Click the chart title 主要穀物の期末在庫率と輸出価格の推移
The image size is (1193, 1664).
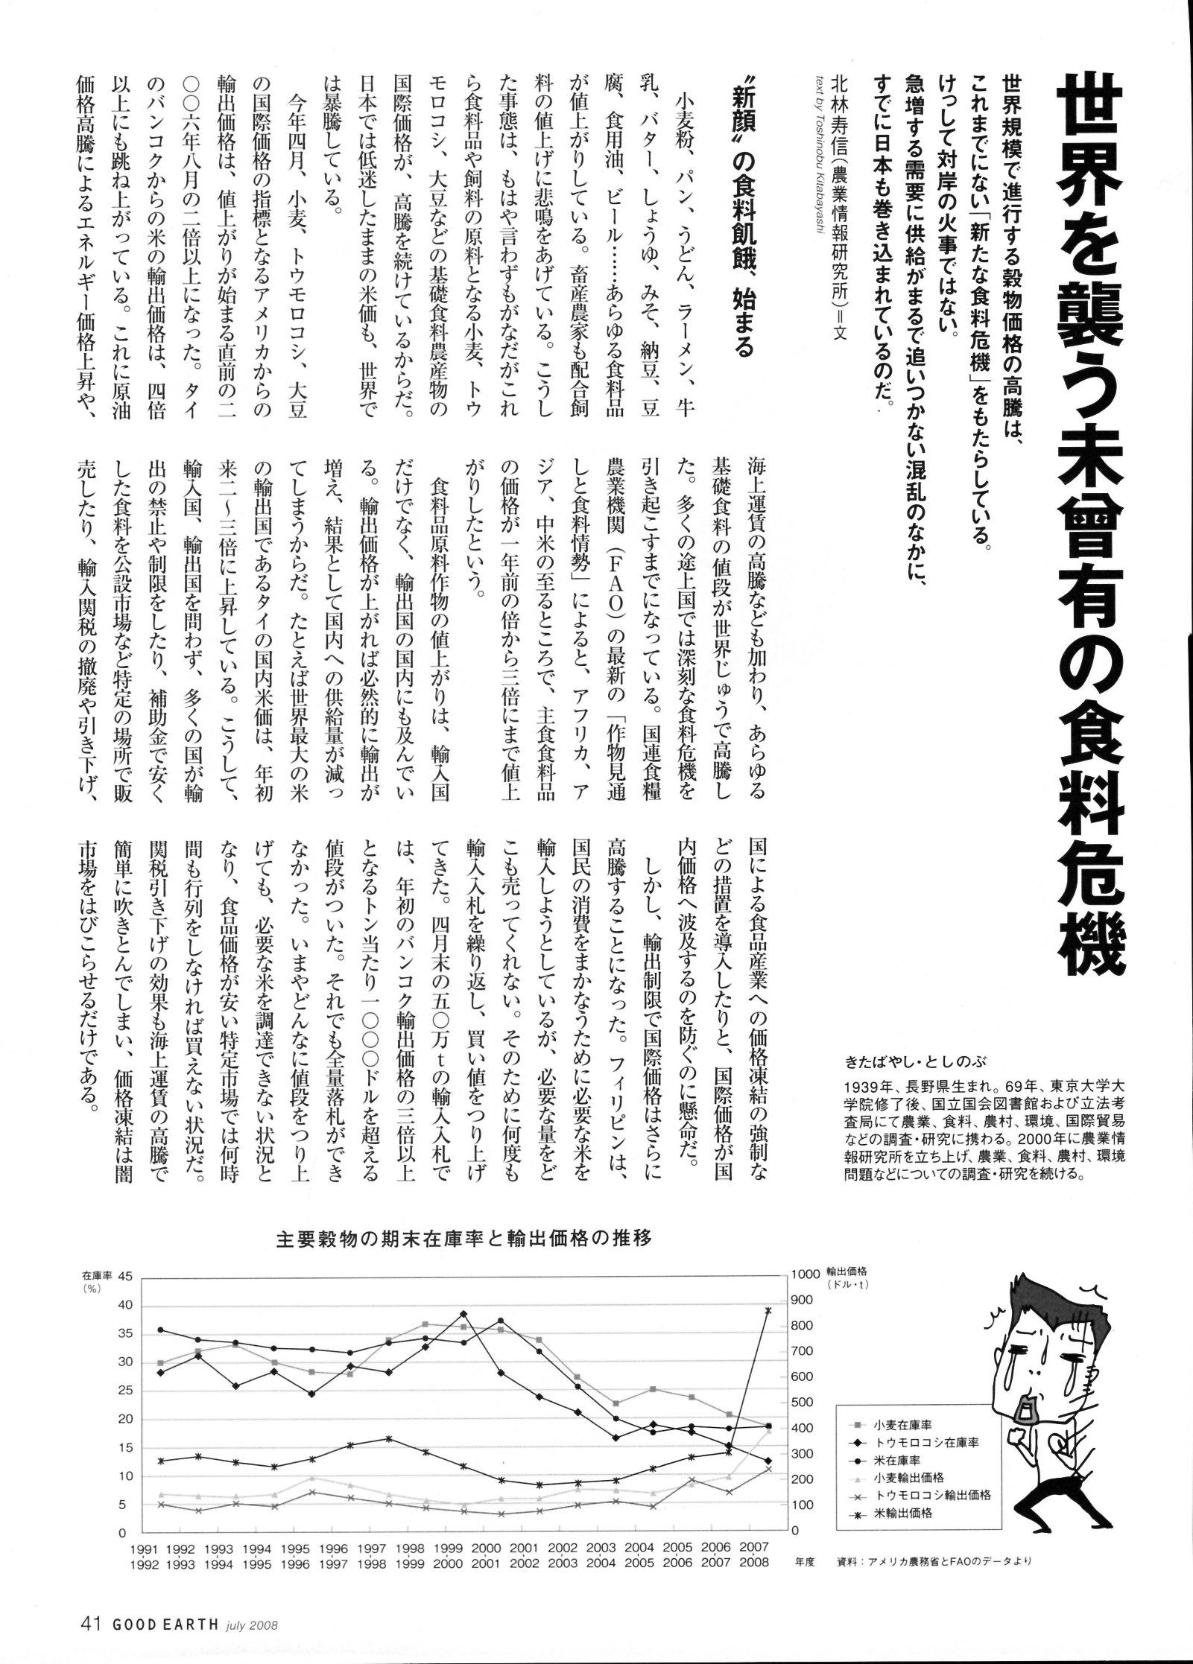point(464,1240)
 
